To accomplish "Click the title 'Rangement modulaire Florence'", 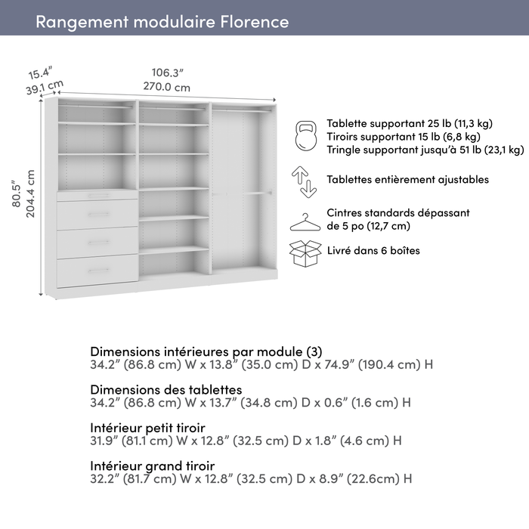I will (x=162, y=21).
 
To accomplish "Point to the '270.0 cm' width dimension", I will (x=167, y=87).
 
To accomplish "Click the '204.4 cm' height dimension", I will (x=31, y=193).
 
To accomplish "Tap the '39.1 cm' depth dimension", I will (x=45, y=88).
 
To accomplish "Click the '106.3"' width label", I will (x=167, y=73).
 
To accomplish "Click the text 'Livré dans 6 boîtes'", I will (x=373, y=250).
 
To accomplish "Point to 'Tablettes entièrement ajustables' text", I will (x=407, y=180).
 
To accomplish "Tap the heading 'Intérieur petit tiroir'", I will (x=147, y=427).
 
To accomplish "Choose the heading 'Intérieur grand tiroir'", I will (x=152, y=466).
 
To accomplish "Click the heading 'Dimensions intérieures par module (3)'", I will (x=206, y=351).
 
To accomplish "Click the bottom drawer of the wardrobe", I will (x=97, y=271).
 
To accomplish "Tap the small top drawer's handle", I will (x=97, y=196).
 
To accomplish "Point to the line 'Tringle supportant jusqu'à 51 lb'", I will (x=425, y=150).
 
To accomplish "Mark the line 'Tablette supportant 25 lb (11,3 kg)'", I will (x=409, y=123).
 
